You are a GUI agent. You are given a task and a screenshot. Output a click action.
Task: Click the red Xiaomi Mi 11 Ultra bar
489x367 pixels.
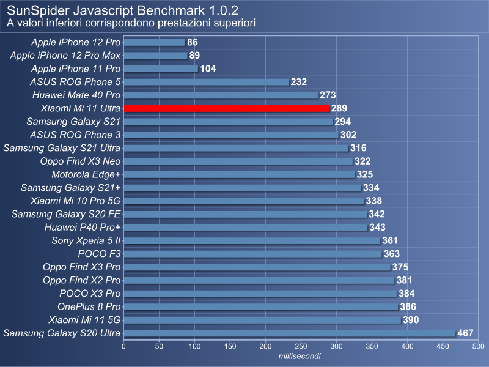click(226, 108)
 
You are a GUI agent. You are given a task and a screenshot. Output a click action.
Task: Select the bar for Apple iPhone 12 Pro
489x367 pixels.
click(154, 42)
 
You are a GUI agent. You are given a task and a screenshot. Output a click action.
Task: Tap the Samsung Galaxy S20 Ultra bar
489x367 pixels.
click(289, 333)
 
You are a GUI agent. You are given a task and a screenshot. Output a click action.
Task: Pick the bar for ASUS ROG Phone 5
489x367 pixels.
click(206, 82)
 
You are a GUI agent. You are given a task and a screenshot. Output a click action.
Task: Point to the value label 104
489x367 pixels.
click(208, 69)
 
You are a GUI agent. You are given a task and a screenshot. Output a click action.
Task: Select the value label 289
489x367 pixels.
click(339, 108)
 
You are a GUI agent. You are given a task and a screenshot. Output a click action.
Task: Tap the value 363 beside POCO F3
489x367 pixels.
click(392, 254)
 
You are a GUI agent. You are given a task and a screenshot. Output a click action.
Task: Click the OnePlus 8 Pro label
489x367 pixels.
click(89, 306)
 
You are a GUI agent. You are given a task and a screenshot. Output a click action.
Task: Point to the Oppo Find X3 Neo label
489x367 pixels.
click(80, 161)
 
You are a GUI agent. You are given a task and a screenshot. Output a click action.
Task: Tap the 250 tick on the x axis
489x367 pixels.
click(301, 347)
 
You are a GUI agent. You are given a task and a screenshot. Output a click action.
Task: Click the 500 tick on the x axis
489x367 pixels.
click(478, 347)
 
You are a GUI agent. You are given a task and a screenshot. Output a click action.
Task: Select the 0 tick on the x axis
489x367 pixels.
click(124, 347)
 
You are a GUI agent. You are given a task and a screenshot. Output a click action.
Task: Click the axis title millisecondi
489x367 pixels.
click(300, 356)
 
